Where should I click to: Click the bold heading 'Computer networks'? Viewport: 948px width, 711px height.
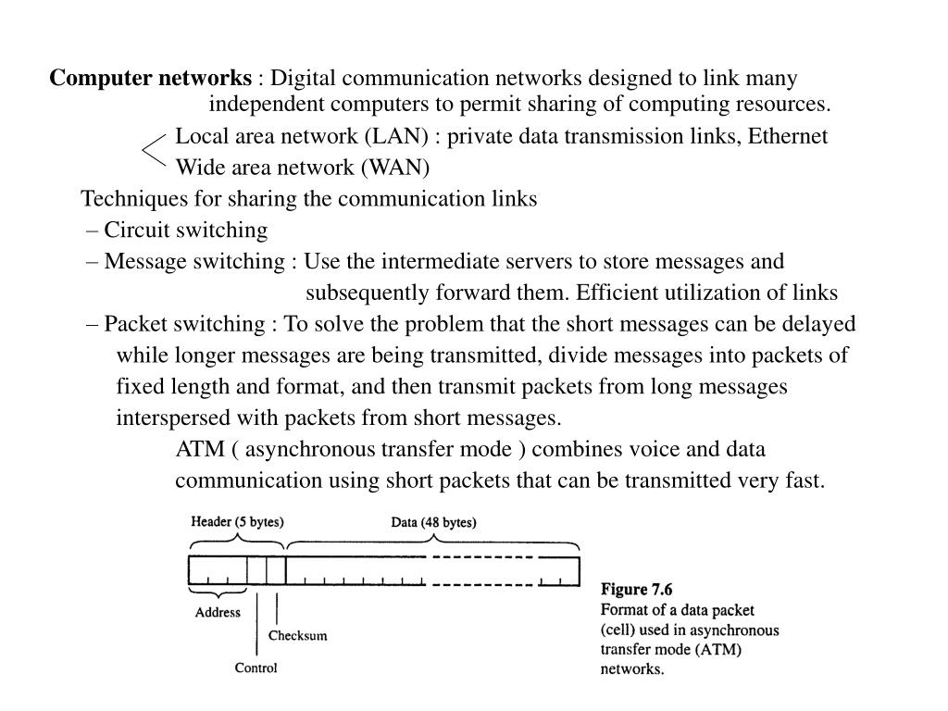pyautogui.click(x=150, y=79)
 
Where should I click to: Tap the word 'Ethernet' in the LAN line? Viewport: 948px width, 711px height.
pyautogui.click(x=788, y=137)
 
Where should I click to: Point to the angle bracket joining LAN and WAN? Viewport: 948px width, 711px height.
pyautogui.click(x=155, y=151)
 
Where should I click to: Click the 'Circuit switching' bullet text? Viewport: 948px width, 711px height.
pyautogui.click(x=185, y=230)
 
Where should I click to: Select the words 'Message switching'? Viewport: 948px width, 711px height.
pyautogui.click(x=190, y=261)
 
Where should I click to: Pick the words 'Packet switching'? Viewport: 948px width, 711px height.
pyautogui.click(x=184, y=324)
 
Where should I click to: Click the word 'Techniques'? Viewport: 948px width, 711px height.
pyautogui.click(x=125, y=199)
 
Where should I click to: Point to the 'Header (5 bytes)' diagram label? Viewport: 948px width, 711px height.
pyautogui.click(x=237, y=522)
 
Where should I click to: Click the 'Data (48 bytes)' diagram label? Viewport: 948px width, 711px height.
pyautogui.click(x=433, y=522)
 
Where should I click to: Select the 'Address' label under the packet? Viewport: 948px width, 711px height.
pyautogui.click(x=218, y=612)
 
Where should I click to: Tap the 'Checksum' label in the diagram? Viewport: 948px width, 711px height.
pyautogui.click(x=297, y=636)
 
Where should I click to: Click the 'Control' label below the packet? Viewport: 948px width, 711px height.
pyautogui.click(x=256, y=667)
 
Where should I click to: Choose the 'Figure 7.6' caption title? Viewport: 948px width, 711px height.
pyautogui.click(x=637, y=590)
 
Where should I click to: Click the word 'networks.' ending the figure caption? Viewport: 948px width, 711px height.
pyautogui.click(x=632, y=668)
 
